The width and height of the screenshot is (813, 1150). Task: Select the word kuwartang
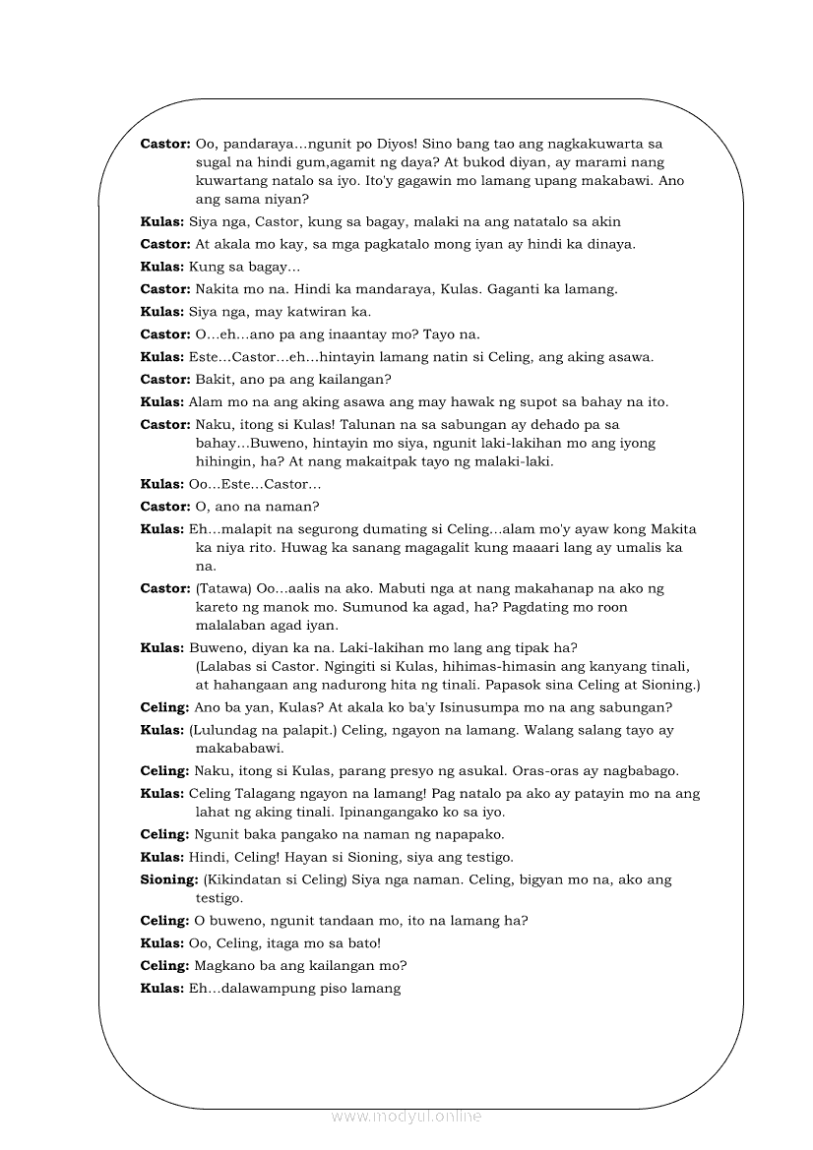coord(230,181)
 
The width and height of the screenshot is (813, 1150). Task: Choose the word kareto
coord(219,607)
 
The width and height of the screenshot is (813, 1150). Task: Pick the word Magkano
coord(224,965)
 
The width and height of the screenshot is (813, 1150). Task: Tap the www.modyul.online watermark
coord(406,1116)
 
